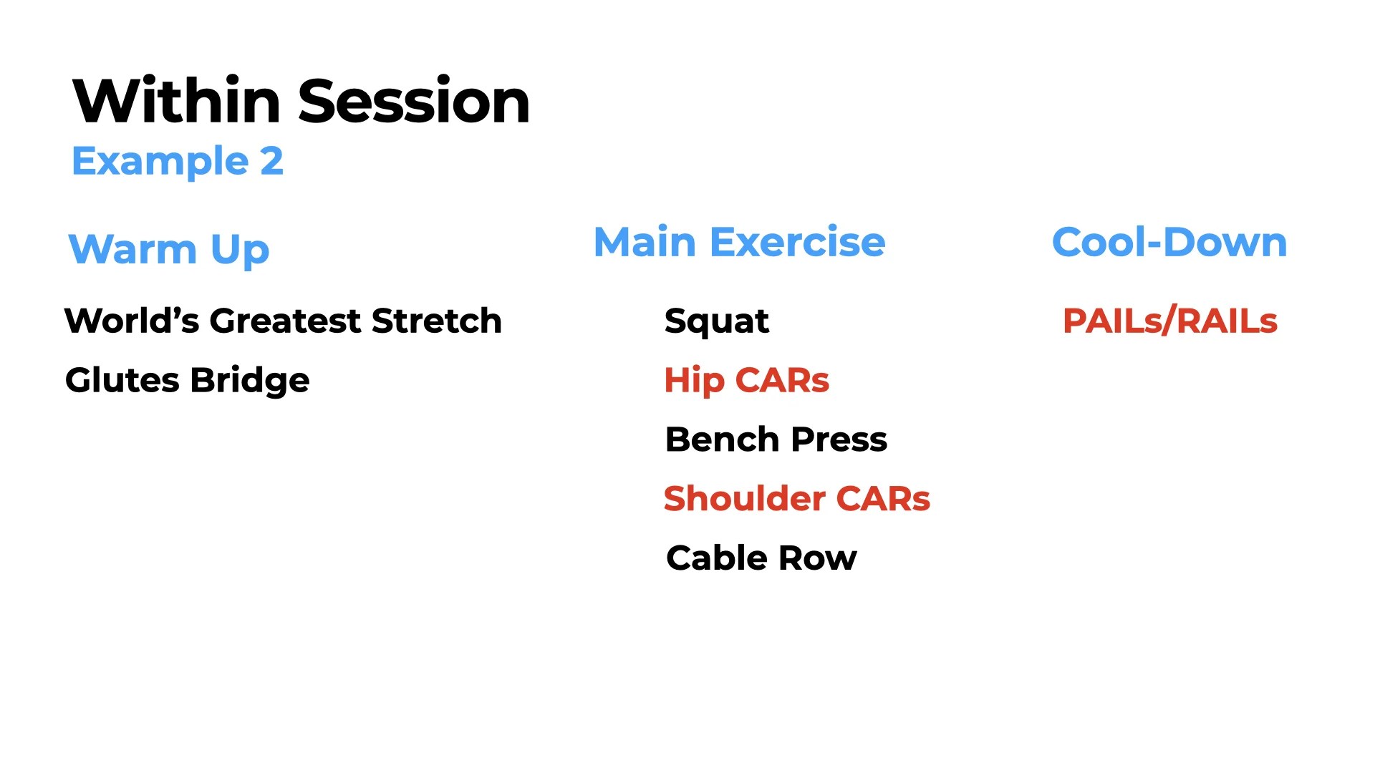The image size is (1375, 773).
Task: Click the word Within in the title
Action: pyautogui.click(x=176, y=102)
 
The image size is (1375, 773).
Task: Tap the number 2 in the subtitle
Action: pyautogui.click(x=271, y=161)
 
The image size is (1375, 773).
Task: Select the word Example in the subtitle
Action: pyautogui.click(x=160, y=162)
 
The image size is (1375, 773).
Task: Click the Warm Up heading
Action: pyautogui.click(x=168, y=250)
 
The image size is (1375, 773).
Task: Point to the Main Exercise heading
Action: pyautogui.click(x=739, y=242)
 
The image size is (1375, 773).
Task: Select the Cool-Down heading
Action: pyautogui.click(x=1169, y=242)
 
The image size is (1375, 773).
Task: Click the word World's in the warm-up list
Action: pyautogui.click(x=131, y=321)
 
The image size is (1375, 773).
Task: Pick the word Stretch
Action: pyautogui.click(x=436, y=321)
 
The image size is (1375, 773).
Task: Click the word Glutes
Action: pyautogui.click(x=122, y=380)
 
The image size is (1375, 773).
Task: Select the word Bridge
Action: pyautogui.click(x=250, y=380)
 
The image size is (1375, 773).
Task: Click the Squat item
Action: pyautogui.click(x=716, y=321)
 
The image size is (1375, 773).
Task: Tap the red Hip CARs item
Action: pyautogui.click(x=746, y=380)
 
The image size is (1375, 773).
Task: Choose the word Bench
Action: pyautogui.click(x=722, y=439)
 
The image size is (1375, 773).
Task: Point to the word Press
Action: pyautogui.click(x=839, y=439)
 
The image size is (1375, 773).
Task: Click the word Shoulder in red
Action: pyautogui.click(x=744, y=499)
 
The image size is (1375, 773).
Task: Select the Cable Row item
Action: pyautogui.click(x=761, y=558)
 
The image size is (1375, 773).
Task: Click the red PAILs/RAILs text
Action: pyautogui.click(x=1169, y=321)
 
